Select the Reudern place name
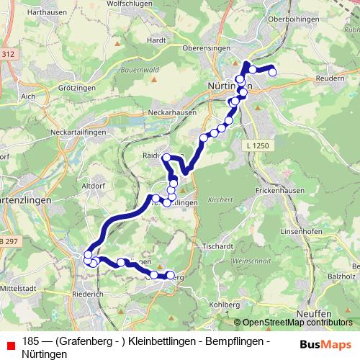[x=331, y=78]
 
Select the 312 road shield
[x=7, y=53]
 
